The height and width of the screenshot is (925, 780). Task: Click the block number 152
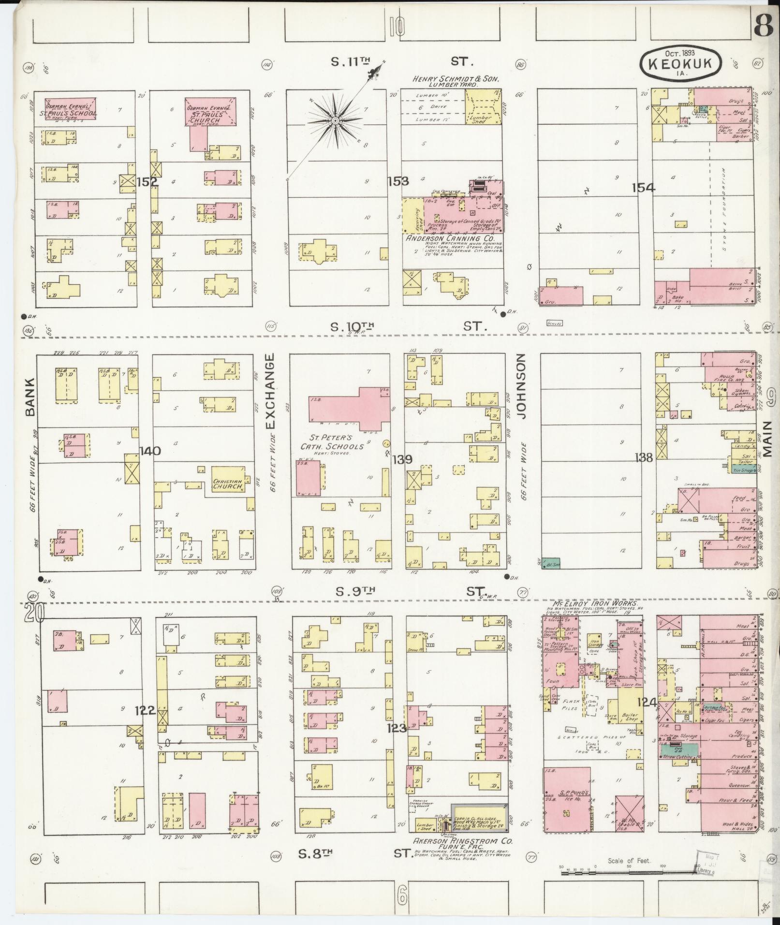click(x=147, y=182)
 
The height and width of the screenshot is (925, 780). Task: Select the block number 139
click(x=402, y=459)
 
